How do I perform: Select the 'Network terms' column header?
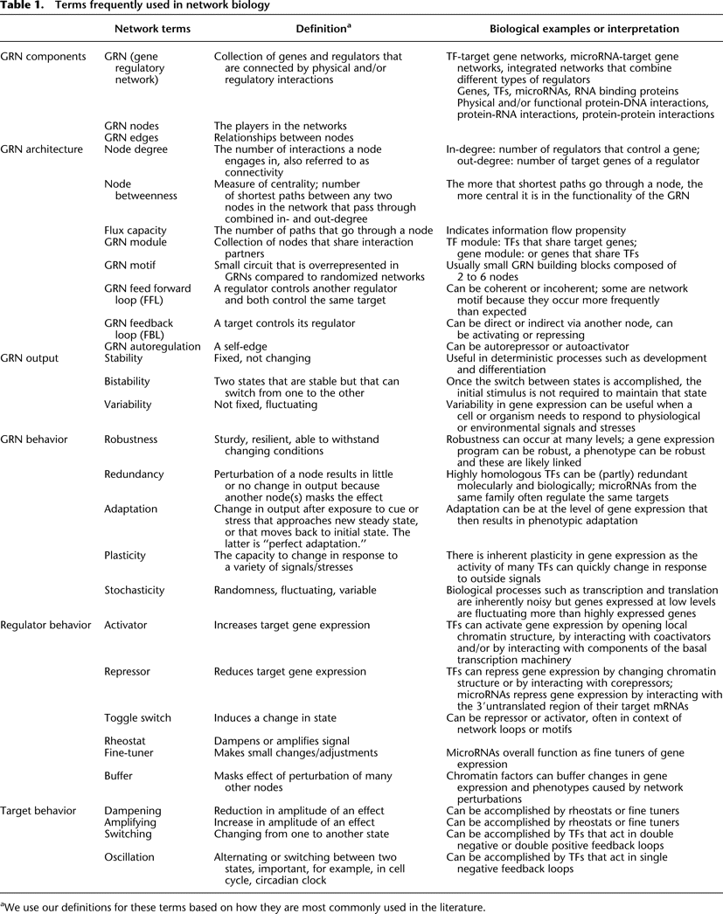(x=152, y=29)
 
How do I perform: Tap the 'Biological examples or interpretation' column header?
(x=562, y=29)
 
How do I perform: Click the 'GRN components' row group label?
(x=44, y=57)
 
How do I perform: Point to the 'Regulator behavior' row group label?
(x=45, y=626)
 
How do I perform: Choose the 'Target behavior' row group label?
(x=39, y=811)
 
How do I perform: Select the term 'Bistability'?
(x=128, y=382)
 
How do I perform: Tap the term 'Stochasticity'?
(x=134, y=590)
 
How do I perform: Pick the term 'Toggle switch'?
(x=137, y=718)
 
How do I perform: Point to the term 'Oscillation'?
(x=130, y=857)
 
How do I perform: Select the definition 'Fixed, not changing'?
(x=262, y=358)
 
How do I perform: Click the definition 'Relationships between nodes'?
(x=284, y=137)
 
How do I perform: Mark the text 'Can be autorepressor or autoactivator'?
(x=537, y=347)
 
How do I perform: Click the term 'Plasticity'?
(x=125, y=555)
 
